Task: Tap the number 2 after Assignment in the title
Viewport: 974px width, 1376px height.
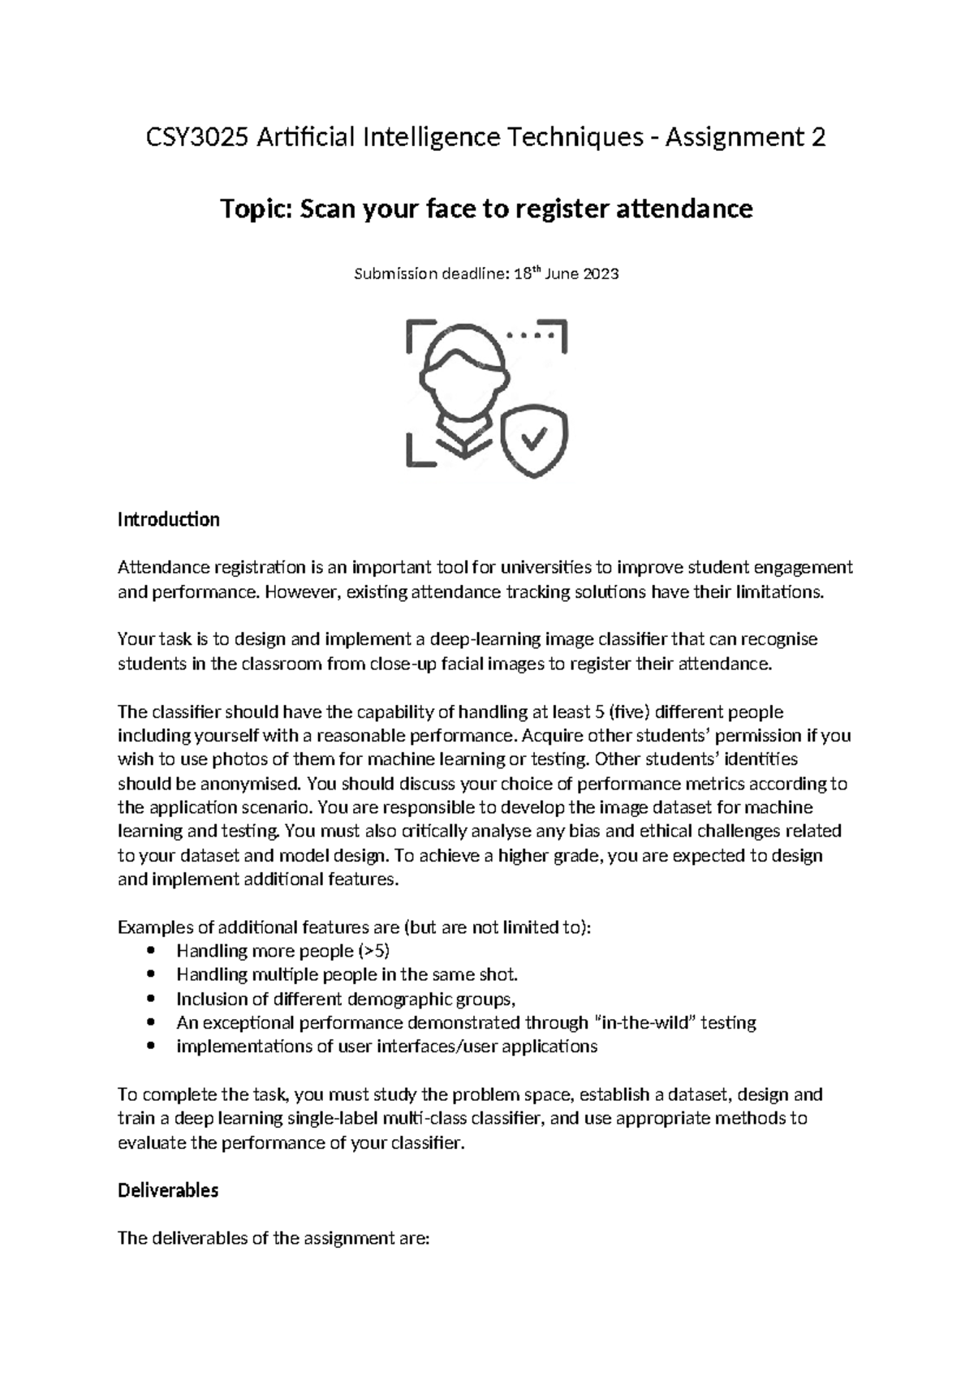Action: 817,138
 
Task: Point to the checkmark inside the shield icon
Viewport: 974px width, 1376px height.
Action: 533,439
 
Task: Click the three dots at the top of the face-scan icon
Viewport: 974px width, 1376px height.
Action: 529,334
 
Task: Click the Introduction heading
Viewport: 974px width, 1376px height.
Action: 168,519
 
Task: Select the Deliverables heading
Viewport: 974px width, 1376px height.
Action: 168,1190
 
